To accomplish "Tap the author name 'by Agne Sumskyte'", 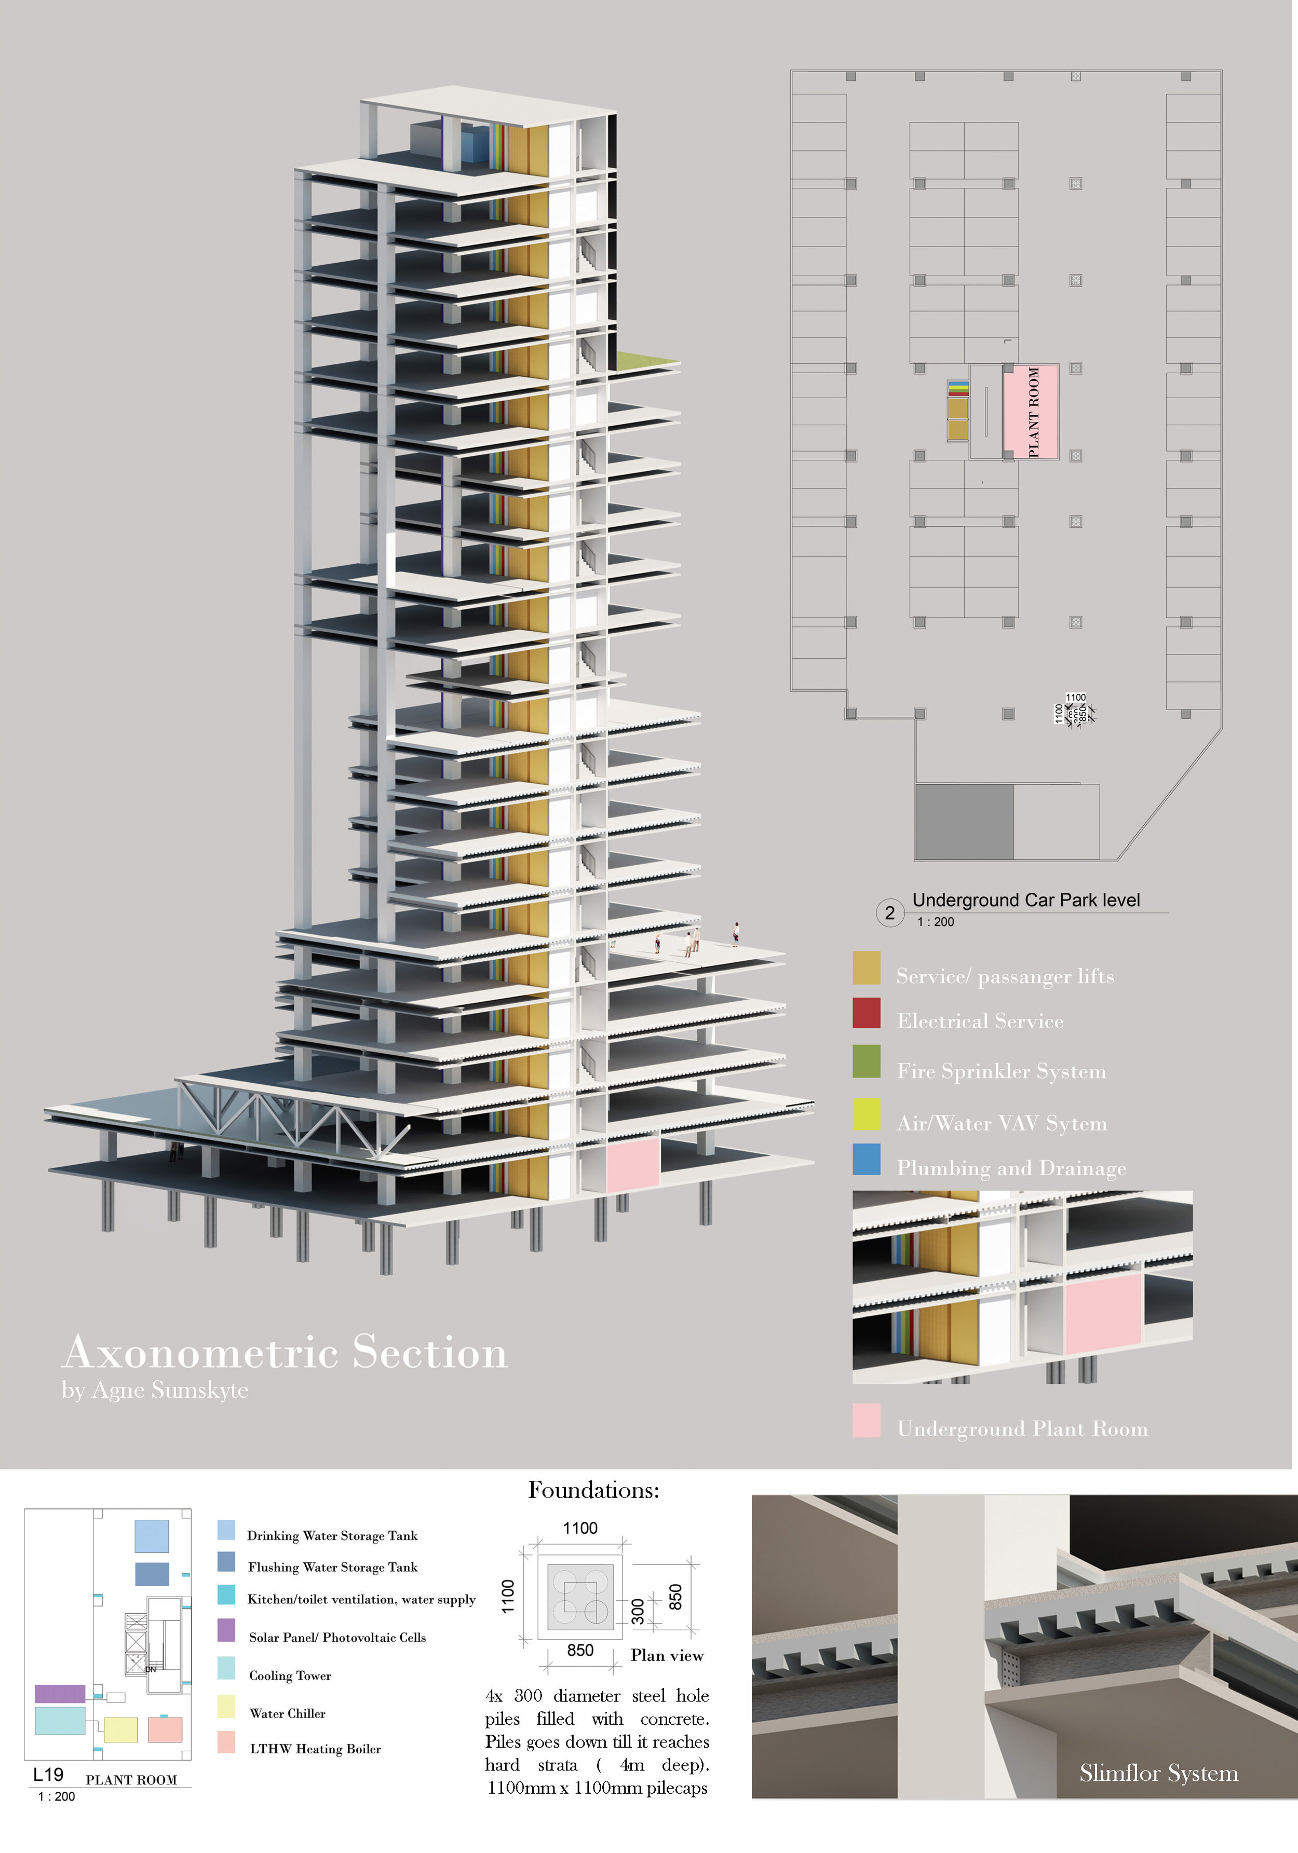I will click(155, 1390).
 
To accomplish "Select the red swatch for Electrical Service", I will click(866, 1013).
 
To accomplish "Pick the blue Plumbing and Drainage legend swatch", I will click(866, 1159).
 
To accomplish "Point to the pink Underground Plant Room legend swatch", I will click(866, 1421).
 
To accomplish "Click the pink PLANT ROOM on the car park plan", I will click(1031, 412).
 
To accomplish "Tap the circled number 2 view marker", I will click(889, 913).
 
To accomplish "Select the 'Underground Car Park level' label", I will click(1026, 900).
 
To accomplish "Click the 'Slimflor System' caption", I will click(1158, 1773).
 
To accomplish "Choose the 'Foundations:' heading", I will click(593, 1490).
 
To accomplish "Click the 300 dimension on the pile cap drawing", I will click(638, 1611).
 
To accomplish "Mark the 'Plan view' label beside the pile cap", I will click(667, 1655).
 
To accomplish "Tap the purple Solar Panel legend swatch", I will click(226, 1629).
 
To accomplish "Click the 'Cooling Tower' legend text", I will click(290, 1675).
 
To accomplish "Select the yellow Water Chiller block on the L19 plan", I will click(120, 1729).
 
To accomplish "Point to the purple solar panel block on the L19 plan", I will click(60, 1693).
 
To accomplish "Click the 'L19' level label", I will click(48, 1775).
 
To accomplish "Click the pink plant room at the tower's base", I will click(632, 1162).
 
